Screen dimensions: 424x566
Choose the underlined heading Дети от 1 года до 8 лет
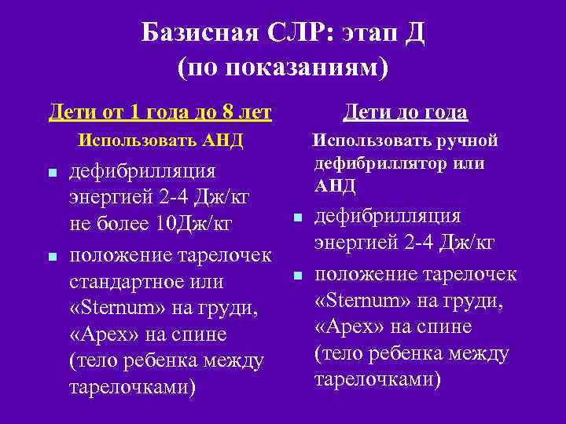(160, 112)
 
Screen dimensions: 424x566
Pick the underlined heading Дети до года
(406, 112)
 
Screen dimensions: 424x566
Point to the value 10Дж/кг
(193, 224)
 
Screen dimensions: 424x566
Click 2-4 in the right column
(413, 243)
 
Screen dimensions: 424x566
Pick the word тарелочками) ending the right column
(378, 380)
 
